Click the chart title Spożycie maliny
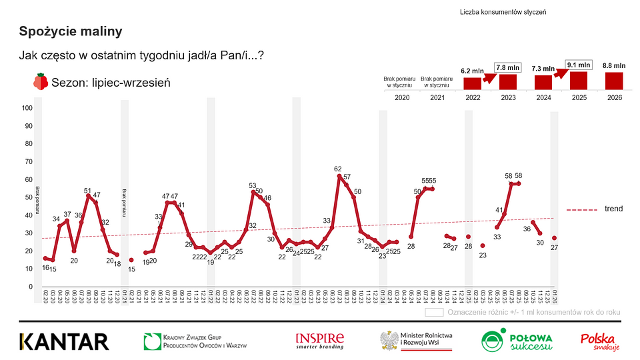71,31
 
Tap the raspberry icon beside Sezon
41,82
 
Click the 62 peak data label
338,169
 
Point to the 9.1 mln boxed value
579,65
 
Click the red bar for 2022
472,83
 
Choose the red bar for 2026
614,80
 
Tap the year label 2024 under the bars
543,97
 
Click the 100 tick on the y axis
27,108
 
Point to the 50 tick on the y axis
29,197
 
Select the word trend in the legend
613,209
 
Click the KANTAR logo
64,341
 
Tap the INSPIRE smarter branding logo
320,341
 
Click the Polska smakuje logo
600,341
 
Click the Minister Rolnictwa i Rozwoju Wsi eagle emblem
389,341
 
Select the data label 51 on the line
87,190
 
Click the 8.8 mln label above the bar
614,65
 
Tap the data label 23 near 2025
483,255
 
